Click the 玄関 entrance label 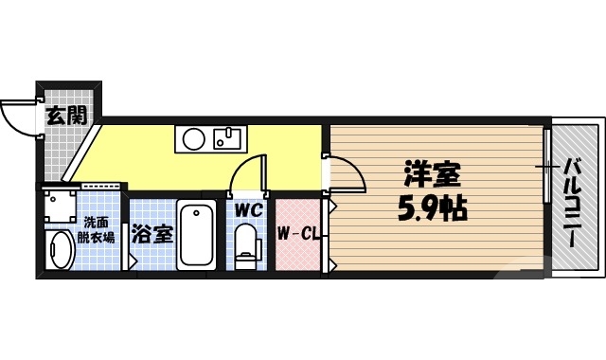[x=66, y=117]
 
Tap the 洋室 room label [x=432, y=174]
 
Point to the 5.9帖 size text [x=431, y=207]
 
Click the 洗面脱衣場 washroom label [x=95, y=230]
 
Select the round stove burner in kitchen [x=193, y=141]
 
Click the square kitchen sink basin [x=228, y=141]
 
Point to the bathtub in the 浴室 [x=197, y=235]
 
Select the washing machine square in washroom [x=58, y=204]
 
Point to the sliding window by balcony [x=547, y=166]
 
